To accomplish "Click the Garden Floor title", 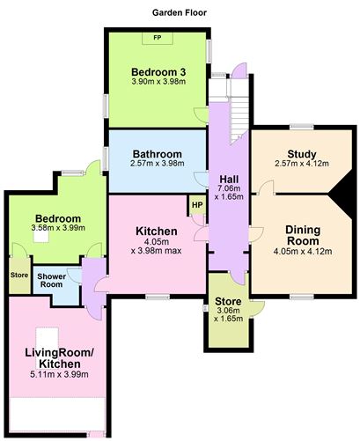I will (180, 14).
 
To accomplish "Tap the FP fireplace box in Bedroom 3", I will (157, 39).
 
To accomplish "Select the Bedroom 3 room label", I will (156, 71).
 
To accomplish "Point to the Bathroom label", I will (157, 154).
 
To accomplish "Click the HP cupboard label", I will (195, 206).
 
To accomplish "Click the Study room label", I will (301, 153).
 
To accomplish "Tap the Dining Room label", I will (301, 236).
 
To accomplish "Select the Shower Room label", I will (51, 281).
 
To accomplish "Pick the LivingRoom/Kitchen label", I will (53, 358).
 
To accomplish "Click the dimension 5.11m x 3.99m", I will (53, 375).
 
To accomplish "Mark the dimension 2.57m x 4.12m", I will (301, 164).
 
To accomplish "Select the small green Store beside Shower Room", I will (18, 275).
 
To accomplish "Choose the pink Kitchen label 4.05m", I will (156, 232).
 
